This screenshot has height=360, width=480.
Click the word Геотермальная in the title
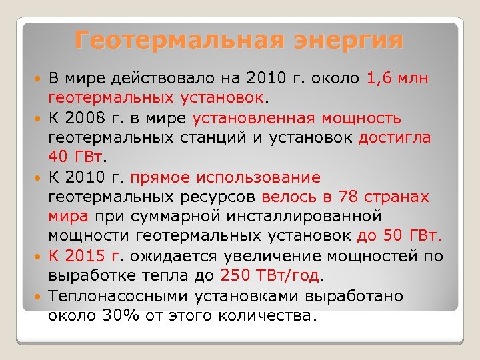tap(171, 40)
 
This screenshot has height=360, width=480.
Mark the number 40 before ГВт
tap(57, 158)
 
